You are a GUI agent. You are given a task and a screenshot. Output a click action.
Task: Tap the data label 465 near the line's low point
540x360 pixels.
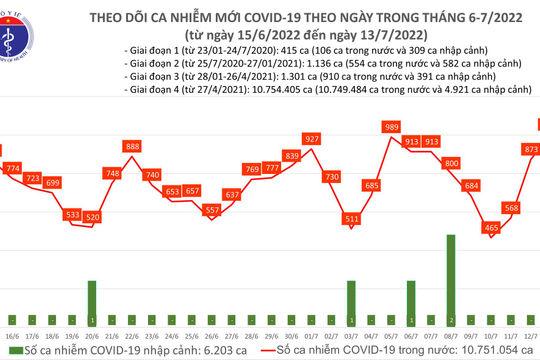coord(490,228)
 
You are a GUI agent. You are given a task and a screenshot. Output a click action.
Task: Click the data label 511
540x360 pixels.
coord(351,217)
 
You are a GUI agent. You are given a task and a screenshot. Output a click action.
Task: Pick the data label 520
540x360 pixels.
coord(93,217)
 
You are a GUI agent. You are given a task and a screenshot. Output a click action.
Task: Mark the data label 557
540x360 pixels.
coord(211,210)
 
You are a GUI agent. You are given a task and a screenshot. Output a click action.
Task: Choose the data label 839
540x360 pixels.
coord(292,156)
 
